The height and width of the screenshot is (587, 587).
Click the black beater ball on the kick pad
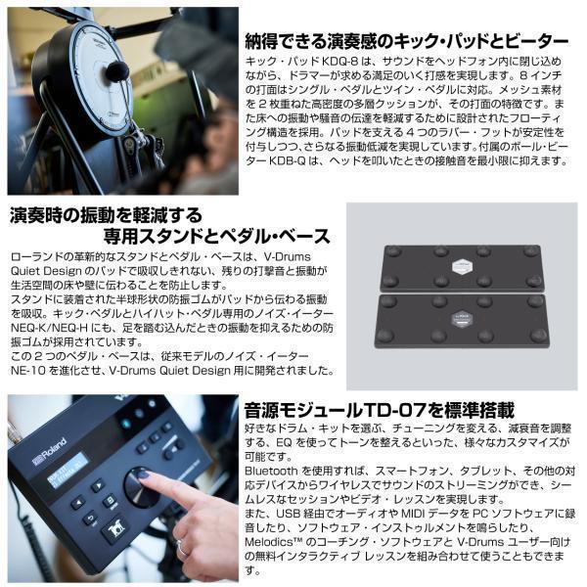(x=116, y=71)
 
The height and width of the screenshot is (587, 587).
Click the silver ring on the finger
(x=183, y=549)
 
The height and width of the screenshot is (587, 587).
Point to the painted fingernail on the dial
(x=144, y=474)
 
